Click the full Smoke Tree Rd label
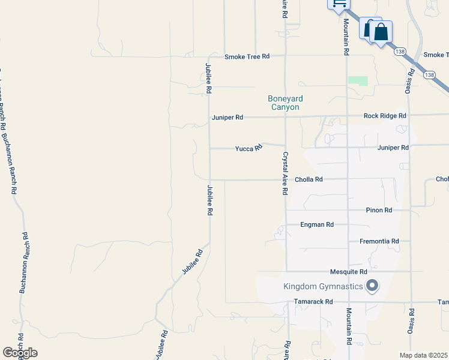(x=247, y=56)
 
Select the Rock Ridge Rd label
(x=385, y=116)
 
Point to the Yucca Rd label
(x=249, y=148)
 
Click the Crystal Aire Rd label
(x=285, y=173)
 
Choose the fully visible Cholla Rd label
(x=309, y=179)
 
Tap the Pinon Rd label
(x=379, y=211)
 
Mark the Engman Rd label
(x=317, y=225)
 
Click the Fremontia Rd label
(x=379, y=241)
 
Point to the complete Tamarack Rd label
(x=313, y=302)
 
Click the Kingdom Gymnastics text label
(x=323, y=286)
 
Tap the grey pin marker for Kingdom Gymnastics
(x=372, y=286)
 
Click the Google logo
(x=20, y=353)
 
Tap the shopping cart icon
(x=339, y=4)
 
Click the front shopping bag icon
(x=381, y=32)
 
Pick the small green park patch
(x=358, y=80)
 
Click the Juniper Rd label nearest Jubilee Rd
(x=227, y=118)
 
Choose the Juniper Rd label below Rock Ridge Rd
(x=393, y=148)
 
